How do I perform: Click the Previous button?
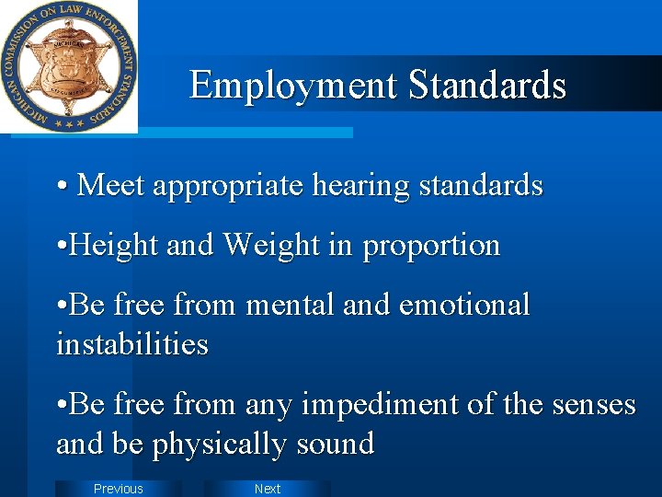[x=118, y=489]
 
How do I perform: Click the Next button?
[x=267, y=489]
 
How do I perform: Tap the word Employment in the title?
[x=293, y=86]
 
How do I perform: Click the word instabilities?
[x=132, y=345]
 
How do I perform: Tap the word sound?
[x=335, y=445]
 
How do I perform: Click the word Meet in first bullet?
[x=111, y=186]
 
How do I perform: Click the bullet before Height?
[x=61, y=247]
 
